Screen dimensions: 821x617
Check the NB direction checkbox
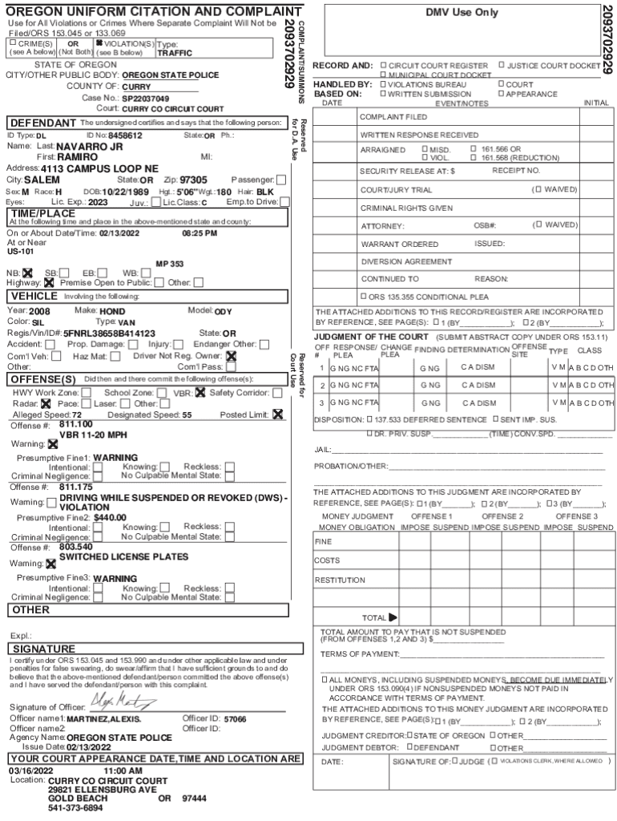coord(26,273)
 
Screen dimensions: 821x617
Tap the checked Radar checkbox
coord(46,404)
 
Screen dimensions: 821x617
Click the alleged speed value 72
coord(77,415)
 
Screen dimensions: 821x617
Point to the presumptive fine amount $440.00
coord(111,517)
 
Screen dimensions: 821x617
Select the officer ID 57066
coord(235,719)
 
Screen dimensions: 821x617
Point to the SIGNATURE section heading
coord(44,648)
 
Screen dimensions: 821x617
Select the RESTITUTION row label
coord(340,580)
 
